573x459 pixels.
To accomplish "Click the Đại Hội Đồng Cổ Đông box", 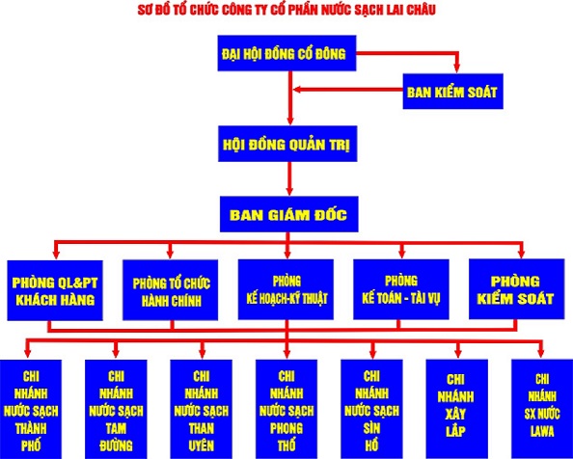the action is coord(286,53).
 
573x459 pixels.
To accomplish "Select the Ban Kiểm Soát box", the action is coord(453,92).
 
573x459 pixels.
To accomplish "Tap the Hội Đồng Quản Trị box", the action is coord(287,144).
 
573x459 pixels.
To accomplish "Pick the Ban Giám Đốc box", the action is coord(289,214).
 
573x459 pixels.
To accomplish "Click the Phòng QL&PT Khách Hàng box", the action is coord(55,290).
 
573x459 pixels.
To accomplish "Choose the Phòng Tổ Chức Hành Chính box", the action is coord(171,290).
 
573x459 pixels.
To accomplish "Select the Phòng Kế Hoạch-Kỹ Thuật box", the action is coord(286,289).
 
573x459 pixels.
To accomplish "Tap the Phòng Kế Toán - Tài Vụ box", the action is coord(401,289).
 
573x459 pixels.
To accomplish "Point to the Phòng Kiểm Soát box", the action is coord(517,289).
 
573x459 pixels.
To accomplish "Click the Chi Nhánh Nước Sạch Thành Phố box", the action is coord(31,409).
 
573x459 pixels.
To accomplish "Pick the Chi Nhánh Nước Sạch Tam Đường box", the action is coord(116,409).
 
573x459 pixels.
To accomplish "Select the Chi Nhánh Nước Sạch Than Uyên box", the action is coord(202,409).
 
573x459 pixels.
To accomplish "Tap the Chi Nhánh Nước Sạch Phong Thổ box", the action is coord(286,409).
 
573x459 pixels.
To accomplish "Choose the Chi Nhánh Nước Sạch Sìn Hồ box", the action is coord(372,409).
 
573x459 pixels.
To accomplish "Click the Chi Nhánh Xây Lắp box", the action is coord(457,409).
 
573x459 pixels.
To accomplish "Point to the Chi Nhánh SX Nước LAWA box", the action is coord(542,409).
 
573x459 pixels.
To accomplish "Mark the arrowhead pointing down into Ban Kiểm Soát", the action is coord(456,68).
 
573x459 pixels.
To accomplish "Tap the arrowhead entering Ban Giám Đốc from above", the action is coord(289,191).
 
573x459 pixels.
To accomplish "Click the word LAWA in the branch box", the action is coord(542,432).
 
